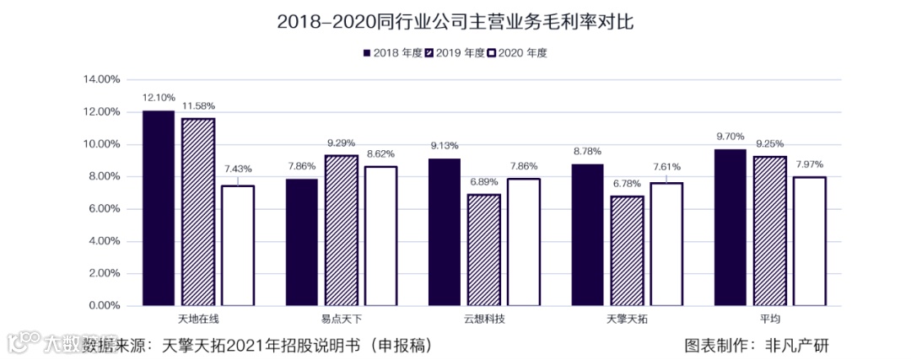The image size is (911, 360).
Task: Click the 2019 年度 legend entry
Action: pos(455,53)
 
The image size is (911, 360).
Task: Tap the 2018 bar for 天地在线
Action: pos(159,207)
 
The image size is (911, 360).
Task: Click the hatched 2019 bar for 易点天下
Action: pos(341,230)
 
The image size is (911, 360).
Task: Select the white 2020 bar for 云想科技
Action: pos(524,242)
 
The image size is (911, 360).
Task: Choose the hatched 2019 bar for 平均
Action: pos(769,230)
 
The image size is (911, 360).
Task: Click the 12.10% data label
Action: pos(159,98)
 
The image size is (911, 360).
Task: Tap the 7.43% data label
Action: pos(238,169)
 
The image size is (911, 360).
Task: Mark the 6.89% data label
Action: pos(484,181)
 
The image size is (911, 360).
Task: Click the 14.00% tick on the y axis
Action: pos(101,79)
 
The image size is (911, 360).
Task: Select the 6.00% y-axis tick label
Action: pos(103,209)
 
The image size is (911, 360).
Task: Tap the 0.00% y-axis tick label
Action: pos(103,306)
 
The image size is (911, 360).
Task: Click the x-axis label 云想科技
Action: pos(484,320)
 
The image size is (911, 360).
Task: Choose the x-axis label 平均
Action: pos(769,320)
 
